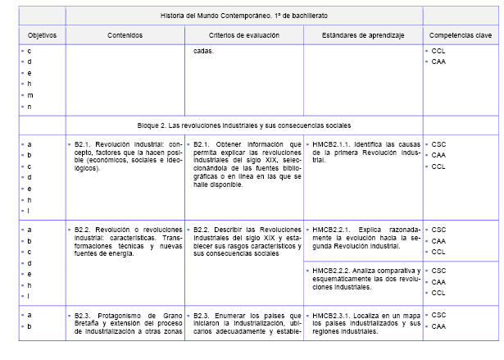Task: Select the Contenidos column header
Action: coord(125,35)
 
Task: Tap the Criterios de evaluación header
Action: coord(243,35)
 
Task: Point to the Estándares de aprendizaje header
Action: coord(363,35)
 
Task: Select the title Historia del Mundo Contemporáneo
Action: coord(243,15)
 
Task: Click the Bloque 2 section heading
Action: coord(243,125)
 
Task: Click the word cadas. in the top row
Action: coord(203,51)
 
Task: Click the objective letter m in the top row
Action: coord(30,95)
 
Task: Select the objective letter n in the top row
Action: coord(30,107)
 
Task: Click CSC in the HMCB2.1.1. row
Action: coord(438,144)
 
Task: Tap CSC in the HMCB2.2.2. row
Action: coord(438,271)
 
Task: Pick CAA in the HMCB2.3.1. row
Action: coord(438,326)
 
